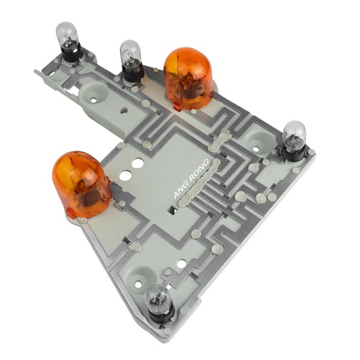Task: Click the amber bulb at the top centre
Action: [188, 78]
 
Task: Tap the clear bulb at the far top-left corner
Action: [67, 35]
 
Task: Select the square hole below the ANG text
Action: [173, 210]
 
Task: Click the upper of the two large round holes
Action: [138, 163]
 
